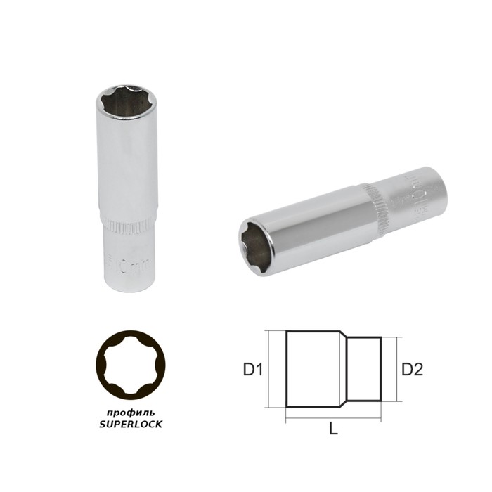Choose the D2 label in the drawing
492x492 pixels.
413,368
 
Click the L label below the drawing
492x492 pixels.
333,429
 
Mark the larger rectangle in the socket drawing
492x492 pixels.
313,368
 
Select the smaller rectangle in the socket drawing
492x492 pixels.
366,368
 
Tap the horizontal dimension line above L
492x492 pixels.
333,421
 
